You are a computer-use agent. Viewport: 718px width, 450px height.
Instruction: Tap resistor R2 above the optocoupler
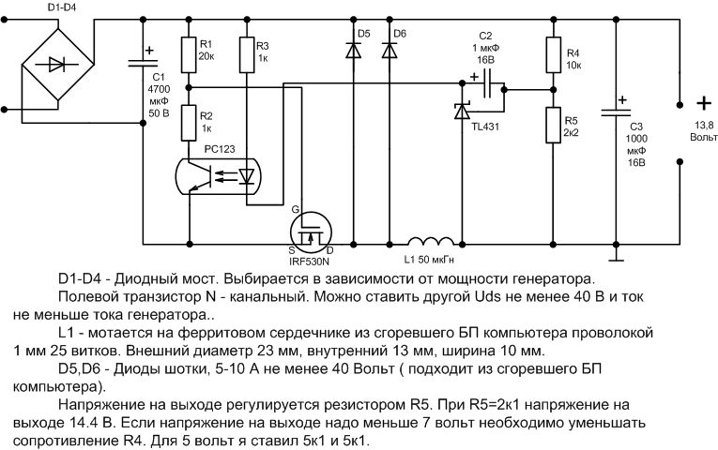pyautogui.click(x=189, y=120)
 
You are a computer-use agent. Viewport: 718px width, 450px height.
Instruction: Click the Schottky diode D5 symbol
pyautogui.click(x=354, y=52)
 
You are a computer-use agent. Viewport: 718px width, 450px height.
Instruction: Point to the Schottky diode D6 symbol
pyautogui.click(x=388, y=52)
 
